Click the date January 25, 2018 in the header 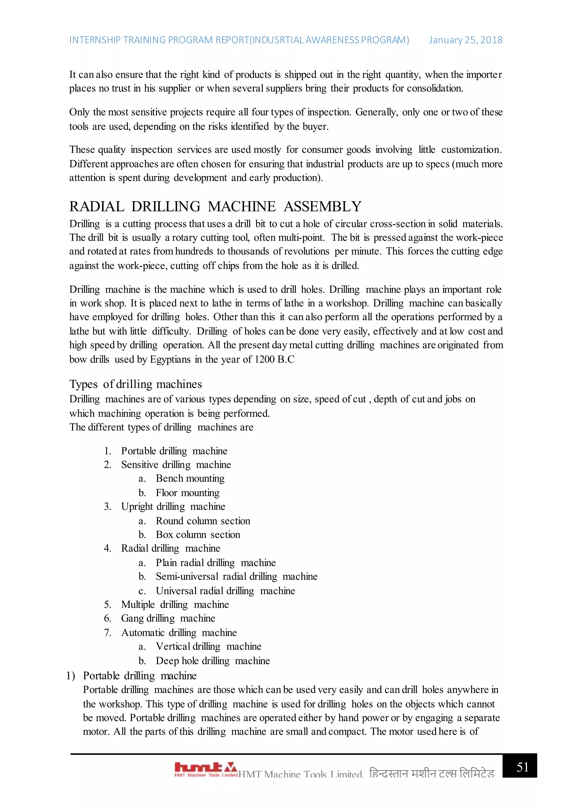tap(465, 40)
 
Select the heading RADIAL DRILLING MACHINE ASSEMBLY tap(215, 206)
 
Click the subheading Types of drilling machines tap(136, 384)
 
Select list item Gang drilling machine tap(168, 618)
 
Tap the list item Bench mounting tap(190, 479)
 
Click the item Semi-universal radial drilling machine tap(237, 577)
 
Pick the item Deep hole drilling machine tap(213, 661)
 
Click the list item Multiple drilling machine tap(175, 605)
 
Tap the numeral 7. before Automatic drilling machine tap(108, 633)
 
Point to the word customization tap(471, 150)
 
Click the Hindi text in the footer tap(432, 774)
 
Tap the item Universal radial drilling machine tap(225, 591)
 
